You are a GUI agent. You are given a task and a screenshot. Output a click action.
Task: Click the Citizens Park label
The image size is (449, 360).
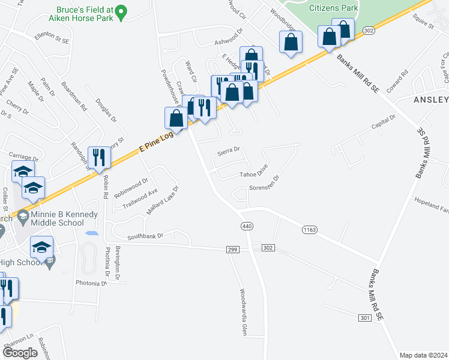click(333, 8)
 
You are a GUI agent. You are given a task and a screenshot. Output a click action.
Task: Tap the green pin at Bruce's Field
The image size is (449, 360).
click(121, 12)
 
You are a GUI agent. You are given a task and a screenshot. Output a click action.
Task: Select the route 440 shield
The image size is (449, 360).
click(247, 226)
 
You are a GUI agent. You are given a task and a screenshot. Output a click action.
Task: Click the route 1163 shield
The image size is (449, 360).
click(309, 229)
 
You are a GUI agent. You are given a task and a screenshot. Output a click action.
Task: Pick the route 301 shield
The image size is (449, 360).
click(366, 317)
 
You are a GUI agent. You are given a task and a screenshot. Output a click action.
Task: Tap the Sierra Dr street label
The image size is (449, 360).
click(228, 150)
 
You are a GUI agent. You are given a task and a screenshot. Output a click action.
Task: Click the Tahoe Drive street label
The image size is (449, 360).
click(253, 174)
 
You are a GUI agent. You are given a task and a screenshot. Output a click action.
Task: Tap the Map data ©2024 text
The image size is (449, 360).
click(423, 355)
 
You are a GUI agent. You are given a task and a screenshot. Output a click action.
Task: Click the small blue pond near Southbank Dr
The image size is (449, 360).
click(92, 232)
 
